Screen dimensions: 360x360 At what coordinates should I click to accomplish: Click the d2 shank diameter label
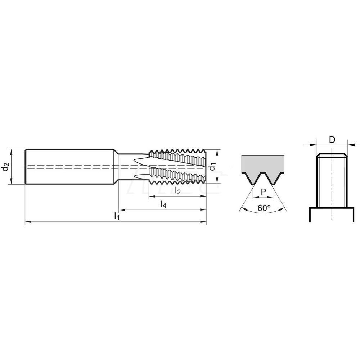[x=5, y=167]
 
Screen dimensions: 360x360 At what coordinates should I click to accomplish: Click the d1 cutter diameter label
[x=213, y=167]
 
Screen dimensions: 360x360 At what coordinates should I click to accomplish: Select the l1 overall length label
[x=116, y=216]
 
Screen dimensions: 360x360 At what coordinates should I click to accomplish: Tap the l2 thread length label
[x=177, y=191]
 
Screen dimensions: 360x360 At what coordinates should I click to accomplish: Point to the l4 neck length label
[x=163, y=204]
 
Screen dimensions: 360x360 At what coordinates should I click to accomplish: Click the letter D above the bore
[x=332, y=140]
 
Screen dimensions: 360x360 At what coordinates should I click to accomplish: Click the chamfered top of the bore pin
[x=332, y=156]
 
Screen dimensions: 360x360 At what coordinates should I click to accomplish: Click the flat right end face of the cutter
[x=206, y=167]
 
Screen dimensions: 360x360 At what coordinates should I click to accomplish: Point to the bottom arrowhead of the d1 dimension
[x=217, y=182]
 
